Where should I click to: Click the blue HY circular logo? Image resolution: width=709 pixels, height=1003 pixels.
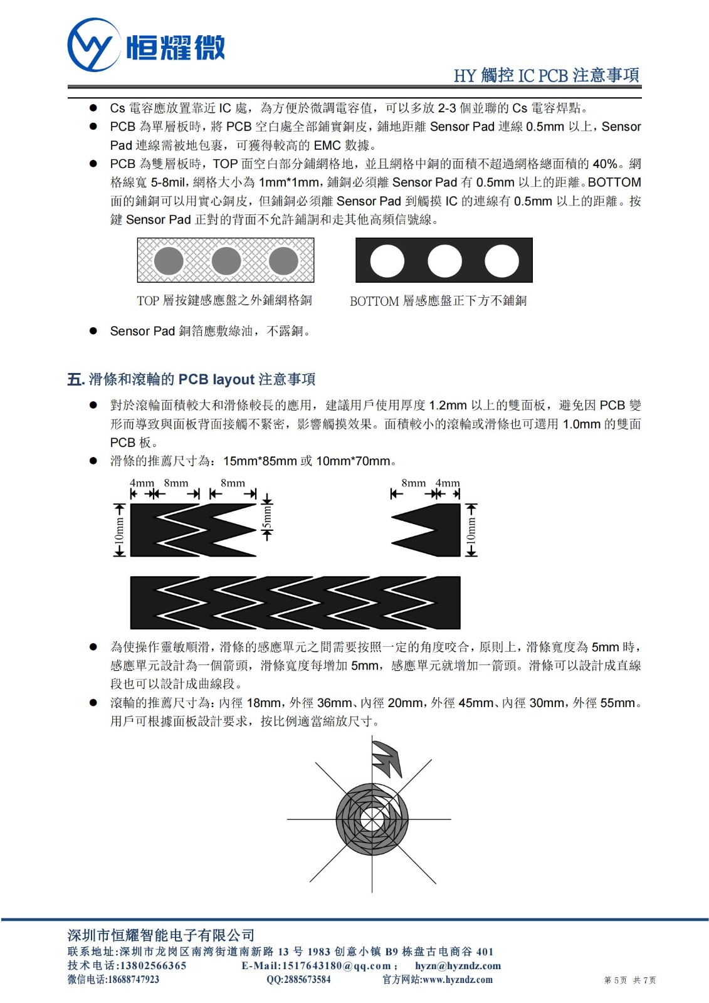(x=93, y=45)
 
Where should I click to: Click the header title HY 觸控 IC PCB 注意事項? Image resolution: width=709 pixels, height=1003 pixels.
(x=546, y=75)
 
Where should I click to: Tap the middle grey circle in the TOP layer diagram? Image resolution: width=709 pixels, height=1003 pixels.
(x=226, y=261)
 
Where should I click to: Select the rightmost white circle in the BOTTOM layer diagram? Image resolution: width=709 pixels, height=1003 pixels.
(x=502, y=261)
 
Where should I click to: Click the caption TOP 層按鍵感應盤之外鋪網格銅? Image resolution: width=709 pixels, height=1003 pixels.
(x=224, y=301)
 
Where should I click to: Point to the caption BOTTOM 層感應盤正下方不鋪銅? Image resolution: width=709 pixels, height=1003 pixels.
(x=438, y=301)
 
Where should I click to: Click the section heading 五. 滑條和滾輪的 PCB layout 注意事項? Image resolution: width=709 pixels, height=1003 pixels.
(x=191, y=379)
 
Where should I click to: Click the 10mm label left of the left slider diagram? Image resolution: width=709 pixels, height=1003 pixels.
(x=119, y=530)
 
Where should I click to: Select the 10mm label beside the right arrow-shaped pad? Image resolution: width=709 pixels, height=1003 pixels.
(x=471, y=530)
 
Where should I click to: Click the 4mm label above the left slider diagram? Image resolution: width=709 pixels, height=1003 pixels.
(x=142, y=483)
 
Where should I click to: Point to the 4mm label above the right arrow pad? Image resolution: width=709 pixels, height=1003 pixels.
(x=448, y=483)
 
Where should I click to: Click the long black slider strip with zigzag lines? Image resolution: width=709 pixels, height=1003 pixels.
(x=295, y=602)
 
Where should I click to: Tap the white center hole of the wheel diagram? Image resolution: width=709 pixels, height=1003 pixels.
(x=372, y=819)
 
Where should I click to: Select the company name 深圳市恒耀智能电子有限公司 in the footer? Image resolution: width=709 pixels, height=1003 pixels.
(x=161, y=935)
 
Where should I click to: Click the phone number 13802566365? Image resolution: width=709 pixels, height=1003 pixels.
(x=153, y=965)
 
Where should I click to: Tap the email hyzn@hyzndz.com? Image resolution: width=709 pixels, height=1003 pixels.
(x=458, y=966)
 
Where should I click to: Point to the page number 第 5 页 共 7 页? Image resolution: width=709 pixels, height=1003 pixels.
(x=629, y=980)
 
